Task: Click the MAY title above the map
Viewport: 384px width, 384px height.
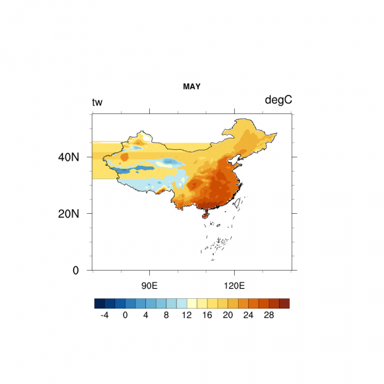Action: (191, 86)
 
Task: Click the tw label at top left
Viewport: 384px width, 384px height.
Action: (97, 102)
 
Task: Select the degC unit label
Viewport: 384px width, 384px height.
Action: (278, 100)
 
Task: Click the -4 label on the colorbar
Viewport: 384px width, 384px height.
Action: (104, 315)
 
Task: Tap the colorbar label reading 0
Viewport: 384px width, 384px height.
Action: (125, 315)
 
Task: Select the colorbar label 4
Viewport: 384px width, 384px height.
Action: (145, 315)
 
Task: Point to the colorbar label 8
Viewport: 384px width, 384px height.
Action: (166, 315)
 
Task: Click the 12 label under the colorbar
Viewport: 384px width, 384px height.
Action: (186, 315)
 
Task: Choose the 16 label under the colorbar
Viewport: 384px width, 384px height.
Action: (207, 315)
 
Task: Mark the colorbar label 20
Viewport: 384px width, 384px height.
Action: (227, 315)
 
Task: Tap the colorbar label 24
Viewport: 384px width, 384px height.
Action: (248, 315)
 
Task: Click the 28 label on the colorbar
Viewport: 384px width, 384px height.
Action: (268, 315)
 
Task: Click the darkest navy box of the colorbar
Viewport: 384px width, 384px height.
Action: (99, 303)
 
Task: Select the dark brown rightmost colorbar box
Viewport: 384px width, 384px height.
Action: (284, 303)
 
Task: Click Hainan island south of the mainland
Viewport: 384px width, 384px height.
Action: (205, 216)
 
